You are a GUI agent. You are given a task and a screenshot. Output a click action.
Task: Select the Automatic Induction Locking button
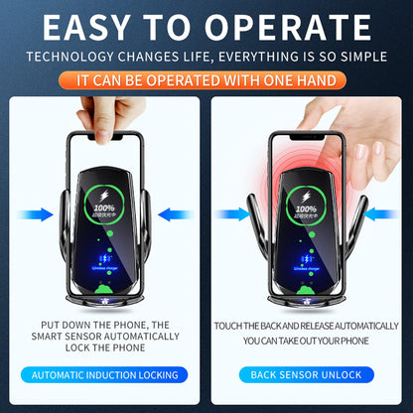click(x=105, y=374)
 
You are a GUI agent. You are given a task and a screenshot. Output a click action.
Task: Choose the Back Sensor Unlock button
click(x=307, y=374)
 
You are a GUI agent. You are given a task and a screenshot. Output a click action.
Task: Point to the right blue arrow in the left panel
click(x=173, y=212)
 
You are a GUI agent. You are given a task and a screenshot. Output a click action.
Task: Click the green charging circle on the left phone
click(x=104, y=214)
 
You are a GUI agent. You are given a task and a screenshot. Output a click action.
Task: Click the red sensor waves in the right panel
click(x=298, y=159)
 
